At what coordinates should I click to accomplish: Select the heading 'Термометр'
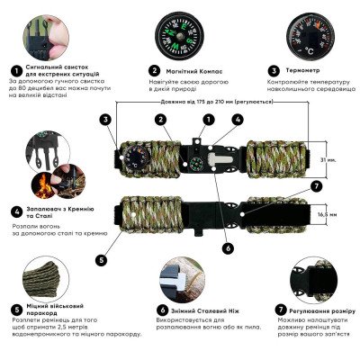311,70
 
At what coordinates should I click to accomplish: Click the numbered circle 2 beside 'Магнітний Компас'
155,70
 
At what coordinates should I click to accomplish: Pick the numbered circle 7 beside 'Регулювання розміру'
266,308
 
